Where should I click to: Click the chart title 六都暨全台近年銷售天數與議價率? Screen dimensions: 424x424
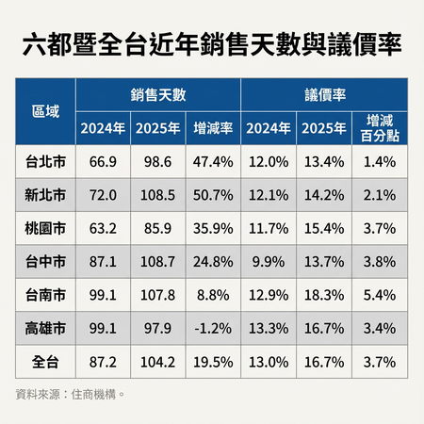[212, 44]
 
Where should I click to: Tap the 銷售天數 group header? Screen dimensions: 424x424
[158, 95]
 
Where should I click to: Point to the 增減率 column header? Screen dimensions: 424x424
[213, 128]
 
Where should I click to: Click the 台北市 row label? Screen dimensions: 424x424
[45, 162]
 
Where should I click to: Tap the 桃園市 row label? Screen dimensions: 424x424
[45, 228]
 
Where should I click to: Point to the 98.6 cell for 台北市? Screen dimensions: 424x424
[155, 162]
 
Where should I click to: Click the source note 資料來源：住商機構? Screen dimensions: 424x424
[71, 392]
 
